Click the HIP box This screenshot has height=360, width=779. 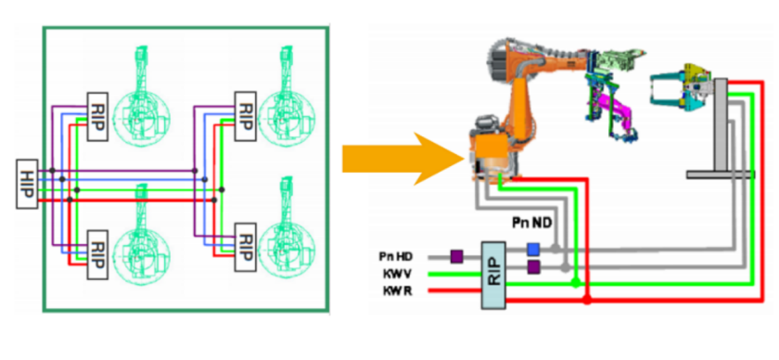pos(27,184)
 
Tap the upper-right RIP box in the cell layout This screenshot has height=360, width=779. pos(245,116)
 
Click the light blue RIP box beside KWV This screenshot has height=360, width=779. pos(493,275)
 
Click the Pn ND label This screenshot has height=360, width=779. pos(531,224)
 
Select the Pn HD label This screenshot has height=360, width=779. pos(395,257)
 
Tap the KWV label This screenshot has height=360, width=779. pos(397,274)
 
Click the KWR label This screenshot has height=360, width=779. pos(397,291)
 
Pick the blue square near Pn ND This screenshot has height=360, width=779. pos(533,249)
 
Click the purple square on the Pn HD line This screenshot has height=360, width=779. pos(456,257)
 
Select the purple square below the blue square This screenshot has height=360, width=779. pos(533,267)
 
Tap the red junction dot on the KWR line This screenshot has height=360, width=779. pos(587,300)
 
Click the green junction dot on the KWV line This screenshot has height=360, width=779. pos(575,283)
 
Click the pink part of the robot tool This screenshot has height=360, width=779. pos(615,109)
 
